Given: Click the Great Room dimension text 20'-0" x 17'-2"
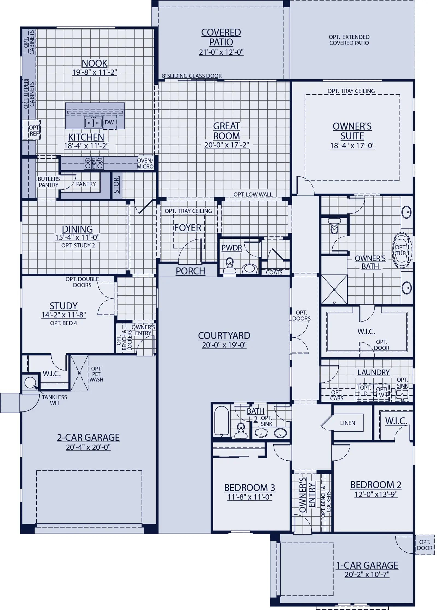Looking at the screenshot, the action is tap(226, 145).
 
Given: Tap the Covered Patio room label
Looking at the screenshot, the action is tap(221, 37).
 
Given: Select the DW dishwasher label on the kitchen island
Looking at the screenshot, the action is tap(109, 122).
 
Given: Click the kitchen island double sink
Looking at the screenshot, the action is tap(93, 123).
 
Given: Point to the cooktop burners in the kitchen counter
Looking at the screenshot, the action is tap(94, 164).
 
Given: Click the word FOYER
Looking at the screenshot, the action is tap(188, 228).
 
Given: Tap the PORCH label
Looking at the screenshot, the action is tap(190, 271).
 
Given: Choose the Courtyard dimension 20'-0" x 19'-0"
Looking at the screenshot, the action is tap(224, 345).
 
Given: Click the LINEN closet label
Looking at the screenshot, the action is tap(347, 423).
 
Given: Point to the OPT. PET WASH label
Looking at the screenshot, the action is tap(96, 374).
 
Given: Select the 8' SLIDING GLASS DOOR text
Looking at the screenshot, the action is tap(192, 76).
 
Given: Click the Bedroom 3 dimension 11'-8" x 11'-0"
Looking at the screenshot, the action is tap(250, 497).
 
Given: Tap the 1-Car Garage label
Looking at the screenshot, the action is tap(367, 565).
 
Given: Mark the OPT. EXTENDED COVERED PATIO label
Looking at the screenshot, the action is tap(349, 40).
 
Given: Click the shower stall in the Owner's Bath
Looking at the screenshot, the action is tap(334, 289).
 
